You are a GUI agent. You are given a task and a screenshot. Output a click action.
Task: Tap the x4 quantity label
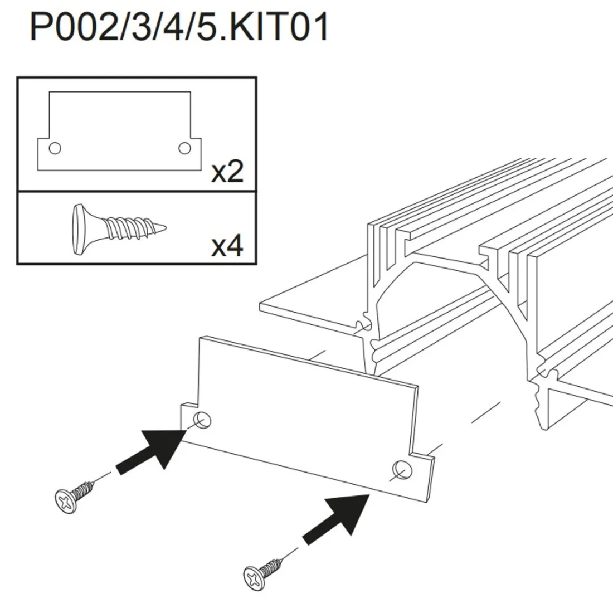pos(227,245)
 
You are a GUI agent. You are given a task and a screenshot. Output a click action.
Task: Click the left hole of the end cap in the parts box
pos(55,148)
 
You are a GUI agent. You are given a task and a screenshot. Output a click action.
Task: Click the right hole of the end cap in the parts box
pos(184,148)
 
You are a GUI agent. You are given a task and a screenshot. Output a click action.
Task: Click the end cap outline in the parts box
pos(120,131)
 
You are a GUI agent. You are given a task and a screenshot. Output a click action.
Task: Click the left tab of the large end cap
pos(189,421)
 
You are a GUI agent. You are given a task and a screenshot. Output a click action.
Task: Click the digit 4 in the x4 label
pos(235,245)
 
